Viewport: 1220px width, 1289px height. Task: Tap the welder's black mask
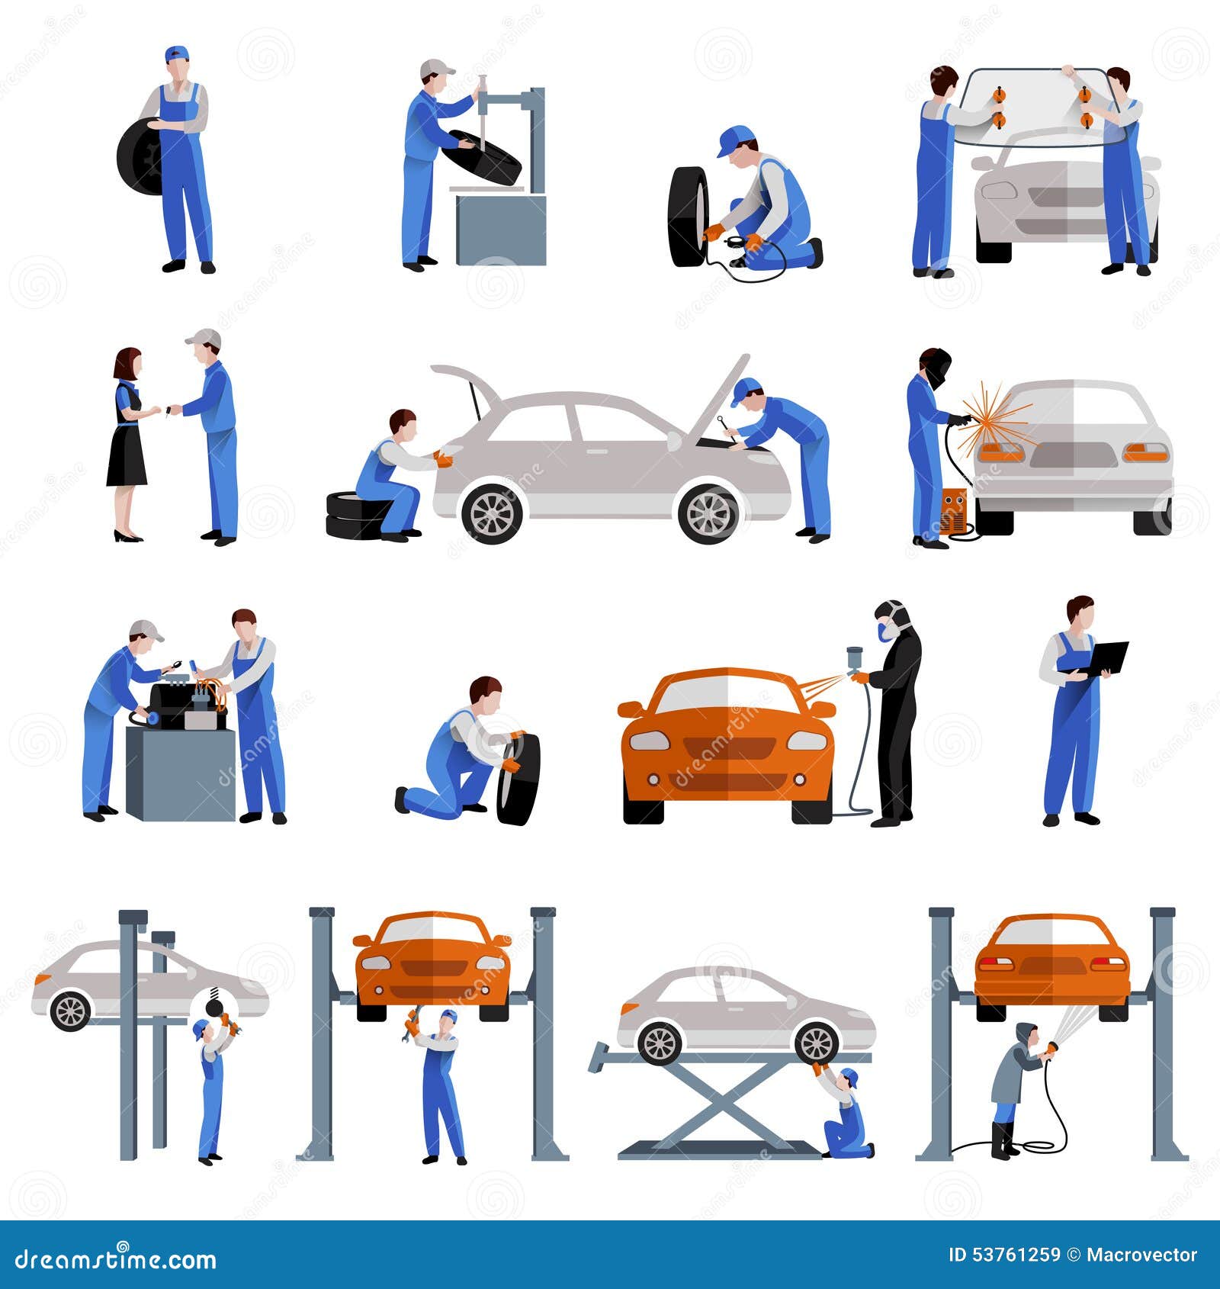[938, 366]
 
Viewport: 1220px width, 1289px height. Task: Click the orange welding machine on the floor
[954, 510]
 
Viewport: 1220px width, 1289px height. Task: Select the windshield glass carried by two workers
[1037, 107]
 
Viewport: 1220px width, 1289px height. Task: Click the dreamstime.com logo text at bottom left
[114, 1258]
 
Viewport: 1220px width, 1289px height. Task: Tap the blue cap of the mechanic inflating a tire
[734, 140]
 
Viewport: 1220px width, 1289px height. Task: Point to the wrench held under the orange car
[413, 1022]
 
